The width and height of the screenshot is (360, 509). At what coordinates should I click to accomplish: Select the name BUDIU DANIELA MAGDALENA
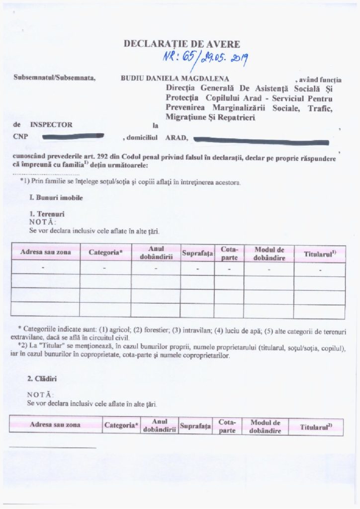tap(175, 79)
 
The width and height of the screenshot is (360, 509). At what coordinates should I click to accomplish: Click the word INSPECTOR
tap(51, 125)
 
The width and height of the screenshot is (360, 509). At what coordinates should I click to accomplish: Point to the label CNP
tap(20, 136)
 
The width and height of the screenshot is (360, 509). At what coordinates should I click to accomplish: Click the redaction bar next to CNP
tap(73, 135)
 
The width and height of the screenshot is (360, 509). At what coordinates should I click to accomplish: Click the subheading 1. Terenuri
tap(48, 214)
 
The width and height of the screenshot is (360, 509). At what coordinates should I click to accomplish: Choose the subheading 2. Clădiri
tap(42, 378)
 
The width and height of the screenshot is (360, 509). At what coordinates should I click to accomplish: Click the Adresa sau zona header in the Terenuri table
tap(45, 253)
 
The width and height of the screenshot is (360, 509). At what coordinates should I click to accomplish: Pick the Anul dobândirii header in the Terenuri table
tap(156, 253)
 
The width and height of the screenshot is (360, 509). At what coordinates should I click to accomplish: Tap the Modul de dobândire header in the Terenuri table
tap(269, 253)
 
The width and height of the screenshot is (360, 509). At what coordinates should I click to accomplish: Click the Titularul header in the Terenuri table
tap(320, 254)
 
